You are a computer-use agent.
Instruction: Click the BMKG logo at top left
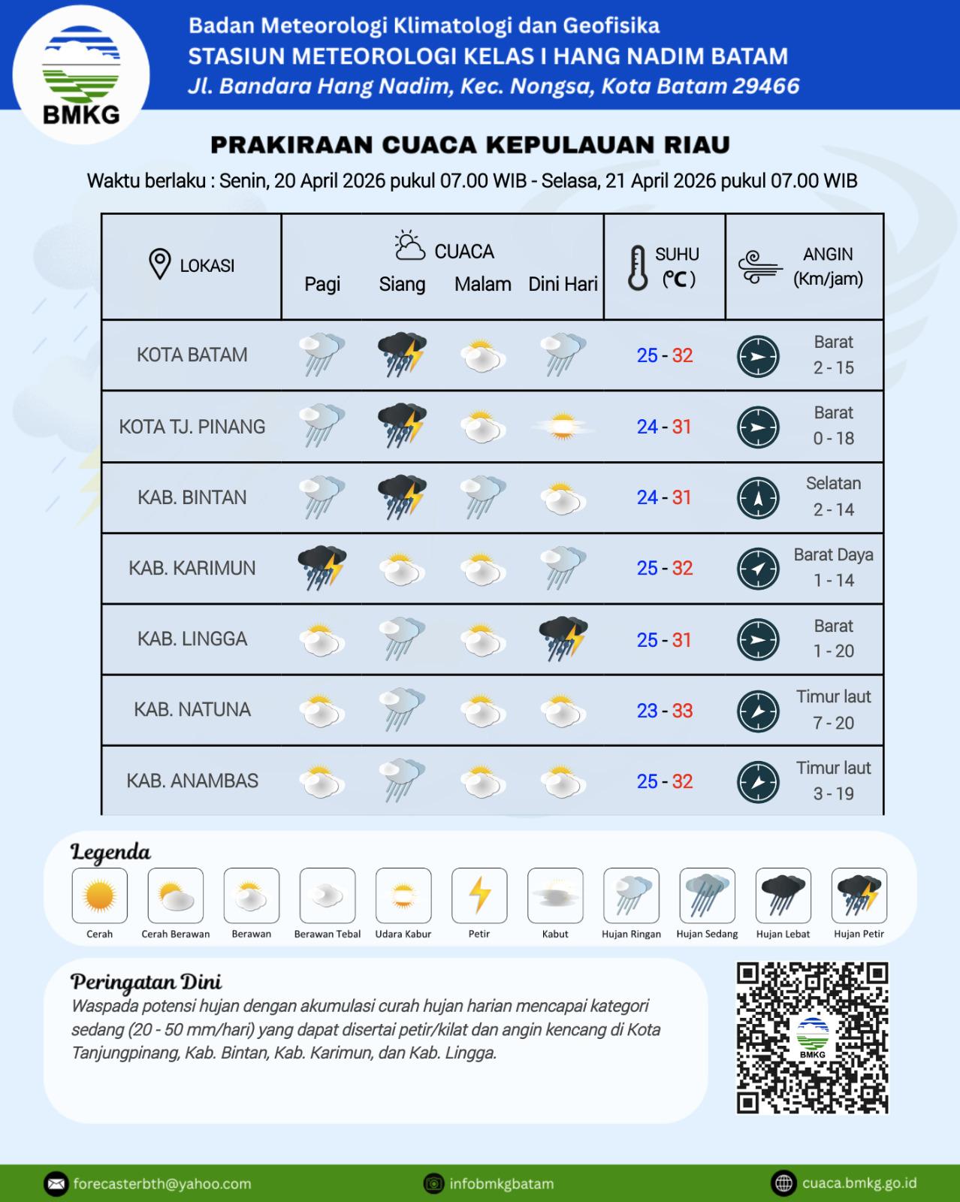(x=81, y=75)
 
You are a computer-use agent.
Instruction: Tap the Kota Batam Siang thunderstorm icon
(x=402, y=354)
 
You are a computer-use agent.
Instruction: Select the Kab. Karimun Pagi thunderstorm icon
(x=322, y=567)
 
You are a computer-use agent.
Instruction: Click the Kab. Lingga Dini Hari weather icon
(x=563, y=639)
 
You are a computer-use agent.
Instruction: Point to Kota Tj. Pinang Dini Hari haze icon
(x=563, y=427)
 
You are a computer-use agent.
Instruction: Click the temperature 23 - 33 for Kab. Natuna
(x=664, y=711)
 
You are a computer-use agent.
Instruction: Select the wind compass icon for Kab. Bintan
(x=758, y=498)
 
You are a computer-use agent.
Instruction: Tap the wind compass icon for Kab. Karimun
(x=758, y=569)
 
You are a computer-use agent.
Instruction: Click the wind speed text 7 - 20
(x=833, y=723)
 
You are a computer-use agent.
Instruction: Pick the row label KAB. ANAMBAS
(x=192, y=781)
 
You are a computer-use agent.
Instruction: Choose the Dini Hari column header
(x=563, y=285)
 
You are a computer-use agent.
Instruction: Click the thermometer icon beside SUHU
(x=638, y=267)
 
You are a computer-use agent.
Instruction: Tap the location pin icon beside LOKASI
(x=159, y=264)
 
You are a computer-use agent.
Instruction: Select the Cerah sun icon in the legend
(x=100, y=895)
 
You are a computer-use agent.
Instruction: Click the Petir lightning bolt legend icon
(x=479, y=895)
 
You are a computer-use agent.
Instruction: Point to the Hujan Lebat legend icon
(x=783, y=895)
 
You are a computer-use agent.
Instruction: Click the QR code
(x=812, y=1037)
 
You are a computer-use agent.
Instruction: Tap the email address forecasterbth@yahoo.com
(x=162, y=1184)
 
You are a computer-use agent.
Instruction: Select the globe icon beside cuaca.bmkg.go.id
(x=783, y=1183)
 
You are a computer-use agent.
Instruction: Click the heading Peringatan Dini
(x=146, y=982)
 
